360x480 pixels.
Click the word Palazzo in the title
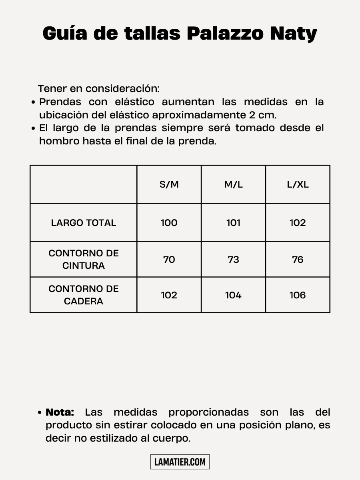coord(225,34)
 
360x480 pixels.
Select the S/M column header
coord(169,184)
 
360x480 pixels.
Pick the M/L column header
coord(233,184)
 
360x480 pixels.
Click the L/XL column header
coord(298,184)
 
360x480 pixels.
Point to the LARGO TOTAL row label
coord(84,223)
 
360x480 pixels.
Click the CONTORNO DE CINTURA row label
coord(84,259)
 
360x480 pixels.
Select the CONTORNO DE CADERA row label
coord(84,295)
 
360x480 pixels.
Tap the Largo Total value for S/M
coord(169,223)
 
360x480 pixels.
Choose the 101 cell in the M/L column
coord(233,223)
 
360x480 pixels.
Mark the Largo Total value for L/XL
coord(298,223)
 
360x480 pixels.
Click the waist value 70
coord(169,260)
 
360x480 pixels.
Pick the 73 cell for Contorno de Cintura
coord(233,260)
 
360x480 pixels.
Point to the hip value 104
coord(233,295)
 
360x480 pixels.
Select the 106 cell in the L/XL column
coord(298,295)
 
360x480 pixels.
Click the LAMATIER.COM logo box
coord(180,462)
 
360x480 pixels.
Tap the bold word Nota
coord(60,412)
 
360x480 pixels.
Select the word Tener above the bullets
coord(52,88)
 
